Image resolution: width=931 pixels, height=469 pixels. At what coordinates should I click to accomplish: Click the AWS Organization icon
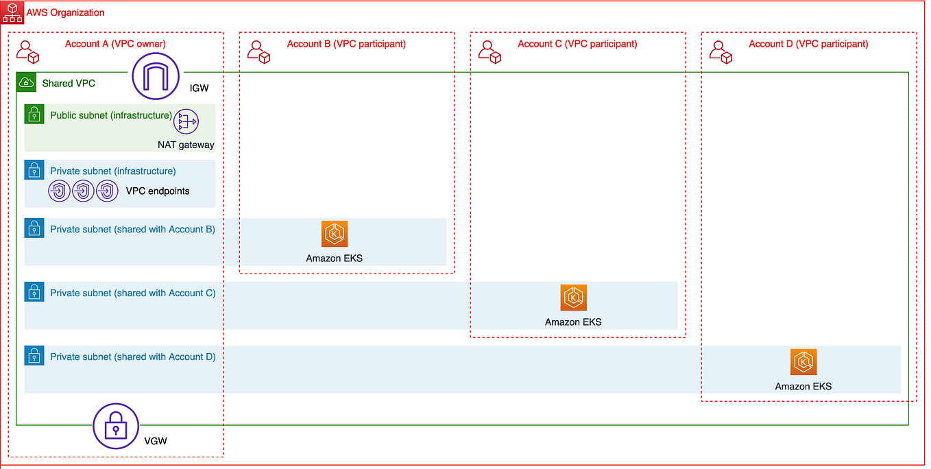point(12,12)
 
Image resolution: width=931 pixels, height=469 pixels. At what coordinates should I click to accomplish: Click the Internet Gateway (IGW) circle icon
point(156,76)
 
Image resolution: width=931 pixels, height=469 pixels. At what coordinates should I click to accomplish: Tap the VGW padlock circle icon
point(116,426)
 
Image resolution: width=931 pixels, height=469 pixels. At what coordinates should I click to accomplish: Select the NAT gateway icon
point(186,121)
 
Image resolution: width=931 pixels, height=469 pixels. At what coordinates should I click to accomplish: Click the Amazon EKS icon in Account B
point(335,234)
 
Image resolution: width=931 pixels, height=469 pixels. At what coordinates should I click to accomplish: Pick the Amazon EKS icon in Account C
point(573,298)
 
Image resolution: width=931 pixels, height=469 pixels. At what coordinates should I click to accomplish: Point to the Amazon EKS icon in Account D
point(803,362)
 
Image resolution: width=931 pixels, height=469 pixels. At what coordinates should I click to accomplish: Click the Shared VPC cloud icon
point(27,83)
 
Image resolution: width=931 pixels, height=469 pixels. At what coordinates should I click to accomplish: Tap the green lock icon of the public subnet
point(34,115)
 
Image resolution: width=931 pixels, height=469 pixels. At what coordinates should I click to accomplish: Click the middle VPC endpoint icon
point(83,191)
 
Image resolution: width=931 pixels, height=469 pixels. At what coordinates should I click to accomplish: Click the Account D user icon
point(722,51)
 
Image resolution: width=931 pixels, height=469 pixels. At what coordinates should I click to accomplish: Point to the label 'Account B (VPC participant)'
point(346,44)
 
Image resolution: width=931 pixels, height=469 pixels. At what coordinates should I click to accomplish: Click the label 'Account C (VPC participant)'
point(577,44)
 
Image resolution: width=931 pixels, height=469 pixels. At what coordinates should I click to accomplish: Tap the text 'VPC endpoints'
point(158,191)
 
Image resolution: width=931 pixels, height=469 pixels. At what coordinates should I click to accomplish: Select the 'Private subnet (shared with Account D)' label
point(132,357)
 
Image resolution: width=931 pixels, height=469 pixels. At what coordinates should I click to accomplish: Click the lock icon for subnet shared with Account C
point(34,292)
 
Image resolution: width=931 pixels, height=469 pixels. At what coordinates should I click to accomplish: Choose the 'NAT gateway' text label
point(186,145)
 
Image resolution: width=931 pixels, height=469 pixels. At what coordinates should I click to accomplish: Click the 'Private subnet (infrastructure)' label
point(112,171)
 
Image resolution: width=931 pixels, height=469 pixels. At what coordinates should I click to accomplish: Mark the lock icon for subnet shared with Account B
point(34,228)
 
